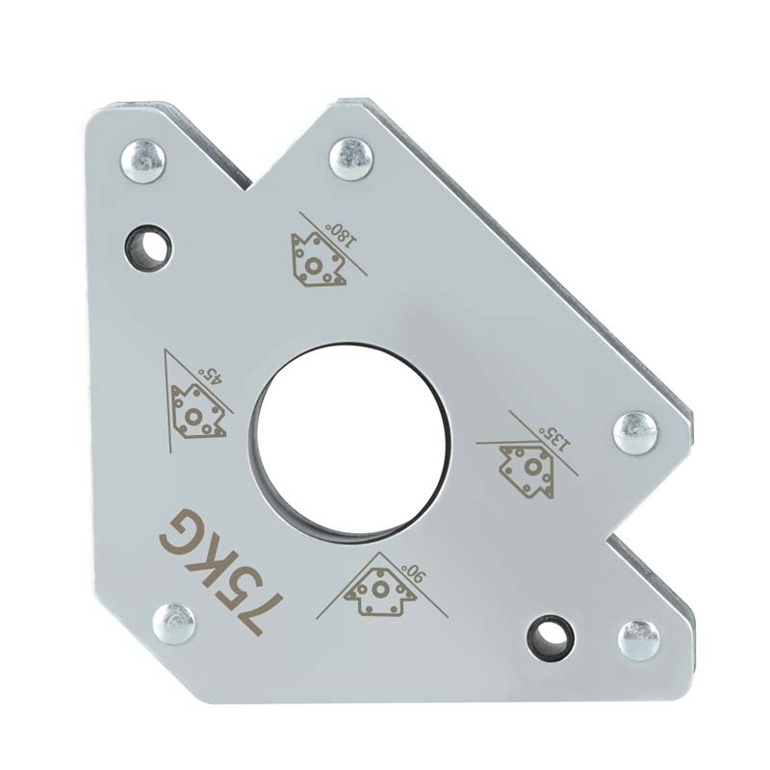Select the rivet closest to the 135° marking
pos(636,433)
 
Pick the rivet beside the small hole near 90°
pos(638,640)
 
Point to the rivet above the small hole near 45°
pos(141,162)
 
